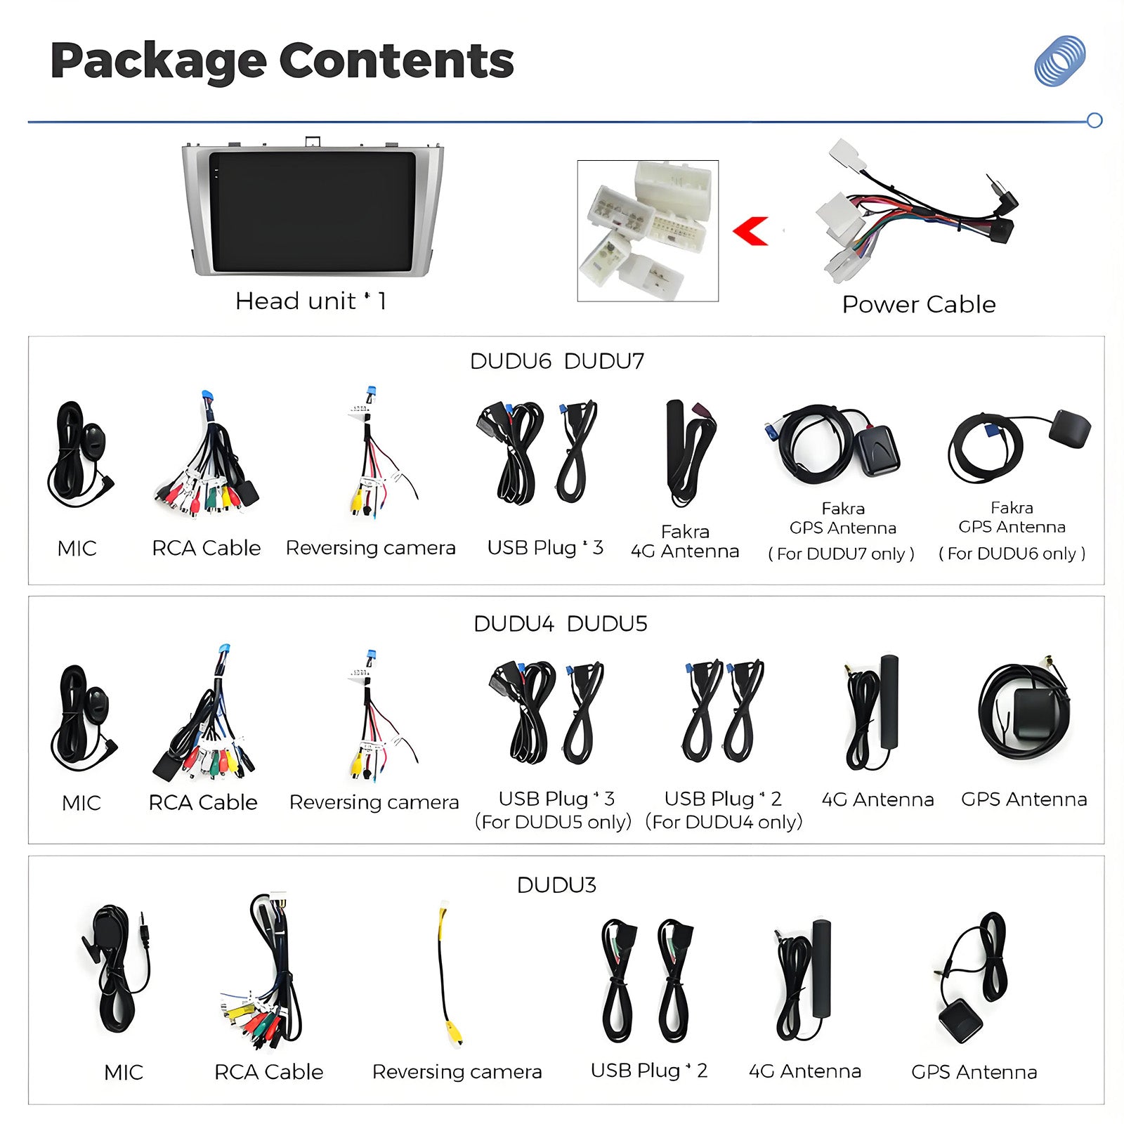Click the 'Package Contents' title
point(282,61)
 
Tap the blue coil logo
point(1059,61)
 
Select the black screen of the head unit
point(313,211)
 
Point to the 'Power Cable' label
point(919,304)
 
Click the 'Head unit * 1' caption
point(311,301)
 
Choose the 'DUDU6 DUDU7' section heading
point(556,361)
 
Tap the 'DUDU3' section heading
point(556,885)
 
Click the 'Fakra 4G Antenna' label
point(685,541)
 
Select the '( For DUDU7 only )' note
point(842,554)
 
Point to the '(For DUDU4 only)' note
point(724,822)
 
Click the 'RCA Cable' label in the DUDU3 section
point(268,1072)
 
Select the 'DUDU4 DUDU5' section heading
point(560,624)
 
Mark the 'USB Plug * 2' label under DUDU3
point(648,1071)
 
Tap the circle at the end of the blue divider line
point(1094,120)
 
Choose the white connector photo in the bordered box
point(648,231)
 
